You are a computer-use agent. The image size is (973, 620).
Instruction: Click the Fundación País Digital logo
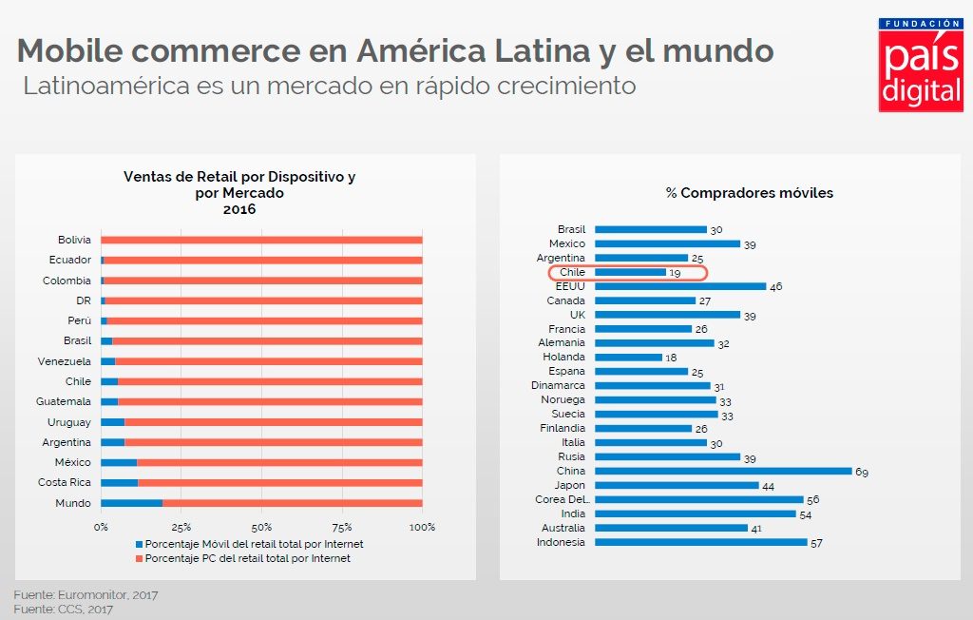[920, 64]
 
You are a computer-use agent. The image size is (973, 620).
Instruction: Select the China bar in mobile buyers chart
[723, 471]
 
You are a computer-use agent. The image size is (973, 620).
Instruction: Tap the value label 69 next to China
[861, 472]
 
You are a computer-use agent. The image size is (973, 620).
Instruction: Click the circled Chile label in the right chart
[571, 272]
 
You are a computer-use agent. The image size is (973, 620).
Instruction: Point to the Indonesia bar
[700, 542]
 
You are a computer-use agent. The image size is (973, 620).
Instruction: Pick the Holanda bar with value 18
[628, 358]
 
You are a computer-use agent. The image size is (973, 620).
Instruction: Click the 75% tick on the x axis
[342, 527]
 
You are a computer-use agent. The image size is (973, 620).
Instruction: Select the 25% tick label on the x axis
[181, 527]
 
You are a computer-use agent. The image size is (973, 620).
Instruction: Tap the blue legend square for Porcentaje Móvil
[139, 544]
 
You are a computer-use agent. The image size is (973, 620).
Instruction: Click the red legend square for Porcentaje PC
[139, 558]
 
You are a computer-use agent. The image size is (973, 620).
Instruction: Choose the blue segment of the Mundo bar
[131, 503]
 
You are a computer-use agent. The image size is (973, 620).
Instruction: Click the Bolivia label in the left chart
[74, 240]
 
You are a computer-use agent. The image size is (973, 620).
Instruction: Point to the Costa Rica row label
[65, 483]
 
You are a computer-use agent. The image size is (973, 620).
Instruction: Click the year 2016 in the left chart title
[239, 209]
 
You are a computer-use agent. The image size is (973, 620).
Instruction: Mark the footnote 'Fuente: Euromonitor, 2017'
[86, 594]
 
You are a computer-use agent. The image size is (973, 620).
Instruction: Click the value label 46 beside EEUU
[775, 286]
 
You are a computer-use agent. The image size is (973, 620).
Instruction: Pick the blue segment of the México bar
[119, 463]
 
